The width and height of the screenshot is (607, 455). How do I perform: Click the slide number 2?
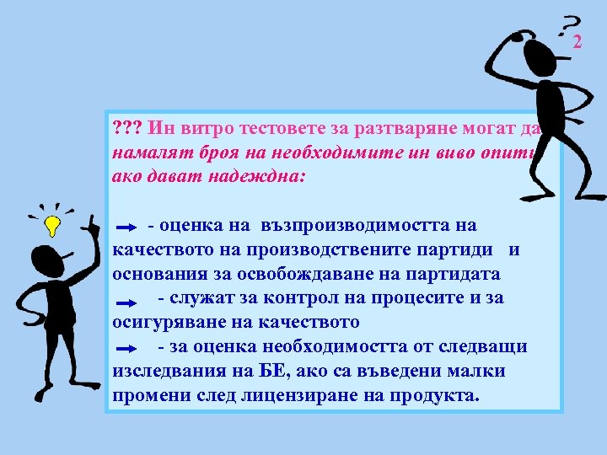tap(578, 42)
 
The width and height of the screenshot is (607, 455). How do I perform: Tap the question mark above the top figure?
tap(571, 24)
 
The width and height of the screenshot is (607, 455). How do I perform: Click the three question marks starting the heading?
tap(126, 128)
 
